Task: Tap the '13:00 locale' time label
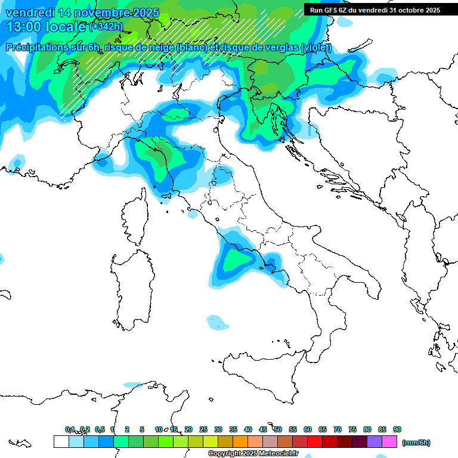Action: (45, 27)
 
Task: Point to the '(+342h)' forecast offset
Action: (106, 27)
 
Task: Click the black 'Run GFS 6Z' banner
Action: (375, 10)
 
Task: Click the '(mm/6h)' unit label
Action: (416, 442)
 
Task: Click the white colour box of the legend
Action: (61, 442)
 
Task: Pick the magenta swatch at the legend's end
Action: (389, 442)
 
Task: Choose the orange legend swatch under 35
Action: (240, 442)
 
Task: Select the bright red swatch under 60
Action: (315, 442)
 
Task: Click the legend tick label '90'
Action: (397, 429)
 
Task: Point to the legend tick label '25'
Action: (203, 429)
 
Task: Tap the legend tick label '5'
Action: (142, 429)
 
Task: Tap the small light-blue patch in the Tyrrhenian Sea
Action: (218, 323)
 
